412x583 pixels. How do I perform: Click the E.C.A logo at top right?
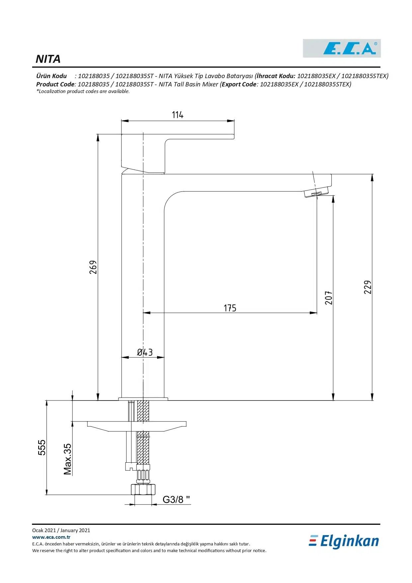click(342, 49)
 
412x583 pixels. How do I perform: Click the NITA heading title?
click(48, 59)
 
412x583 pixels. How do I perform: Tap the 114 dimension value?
click(178, 115)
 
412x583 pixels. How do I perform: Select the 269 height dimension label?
click(93, 267)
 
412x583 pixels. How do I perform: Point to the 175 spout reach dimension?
click(230, 308)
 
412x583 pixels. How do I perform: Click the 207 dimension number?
click(329, 297)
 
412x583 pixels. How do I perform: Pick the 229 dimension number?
click(368, 287)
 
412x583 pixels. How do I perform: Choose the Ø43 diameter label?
click(145, 352)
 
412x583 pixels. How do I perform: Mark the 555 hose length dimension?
click(42, 447)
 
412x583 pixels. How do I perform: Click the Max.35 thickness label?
click(68, 459)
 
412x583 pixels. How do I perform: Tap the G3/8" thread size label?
click(176, 500)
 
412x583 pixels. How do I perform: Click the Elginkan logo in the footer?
click(344, 541)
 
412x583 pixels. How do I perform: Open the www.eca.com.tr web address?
click(51, 537)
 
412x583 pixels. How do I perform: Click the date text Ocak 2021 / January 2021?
click(61, 530)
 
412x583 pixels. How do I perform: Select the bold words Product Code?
click(55, 84)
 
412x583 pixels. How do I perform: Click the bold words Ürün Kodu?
click(51, 76)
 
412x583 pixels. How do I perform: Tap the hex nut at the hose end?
click(143, 490)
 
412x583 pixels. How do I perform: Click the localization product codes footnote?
click(83, 91)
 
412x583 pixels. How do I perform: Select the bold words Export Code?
click(239, 84)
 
